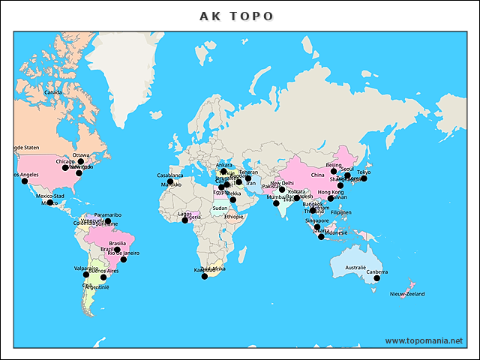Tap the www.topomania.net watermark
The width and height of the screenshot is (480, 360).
tap(424, 340)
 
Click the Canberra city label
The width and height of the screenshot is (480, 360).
tap(377, 272)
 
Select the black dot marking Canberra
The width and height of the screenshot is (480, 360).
tap(376, 278)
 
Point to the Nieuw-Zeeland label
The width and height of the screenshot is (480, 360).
tap(407, 294)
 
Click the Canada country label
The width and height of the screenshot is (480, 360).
tap(53, 93)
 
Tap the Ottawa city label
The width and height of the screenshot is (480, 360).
tap(81, 155)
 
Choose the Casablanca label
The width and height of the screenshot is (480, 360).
tap(170, 175)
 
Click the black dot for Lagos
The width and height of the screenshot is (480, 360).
tap(185, 220)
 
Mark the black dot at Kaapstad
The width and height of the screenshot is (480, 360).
tap(204, 277)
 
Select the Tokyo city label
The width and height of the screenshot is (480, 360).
tap(364, 172)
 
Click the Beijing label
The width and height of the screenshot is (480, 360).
tap(334, 165)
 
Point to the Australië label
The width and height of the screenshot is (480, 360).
tap(355, 267)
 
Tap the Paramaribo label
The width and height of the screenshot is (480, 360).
tap(108, 215)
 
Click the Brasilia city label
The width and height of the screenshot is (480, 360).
tap(118, 243)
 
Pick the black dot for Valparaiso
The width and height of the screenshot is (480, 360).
tap(86, 274)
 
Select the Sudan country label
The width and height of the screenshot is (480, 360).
tap(220, 208)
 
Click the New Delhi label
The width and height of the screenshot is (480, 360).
tap(283, 183)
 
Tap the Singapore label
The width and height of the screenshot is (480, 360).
tap(317, 221)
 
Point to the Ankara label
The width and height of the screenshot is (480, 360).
tap(223, 165)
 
